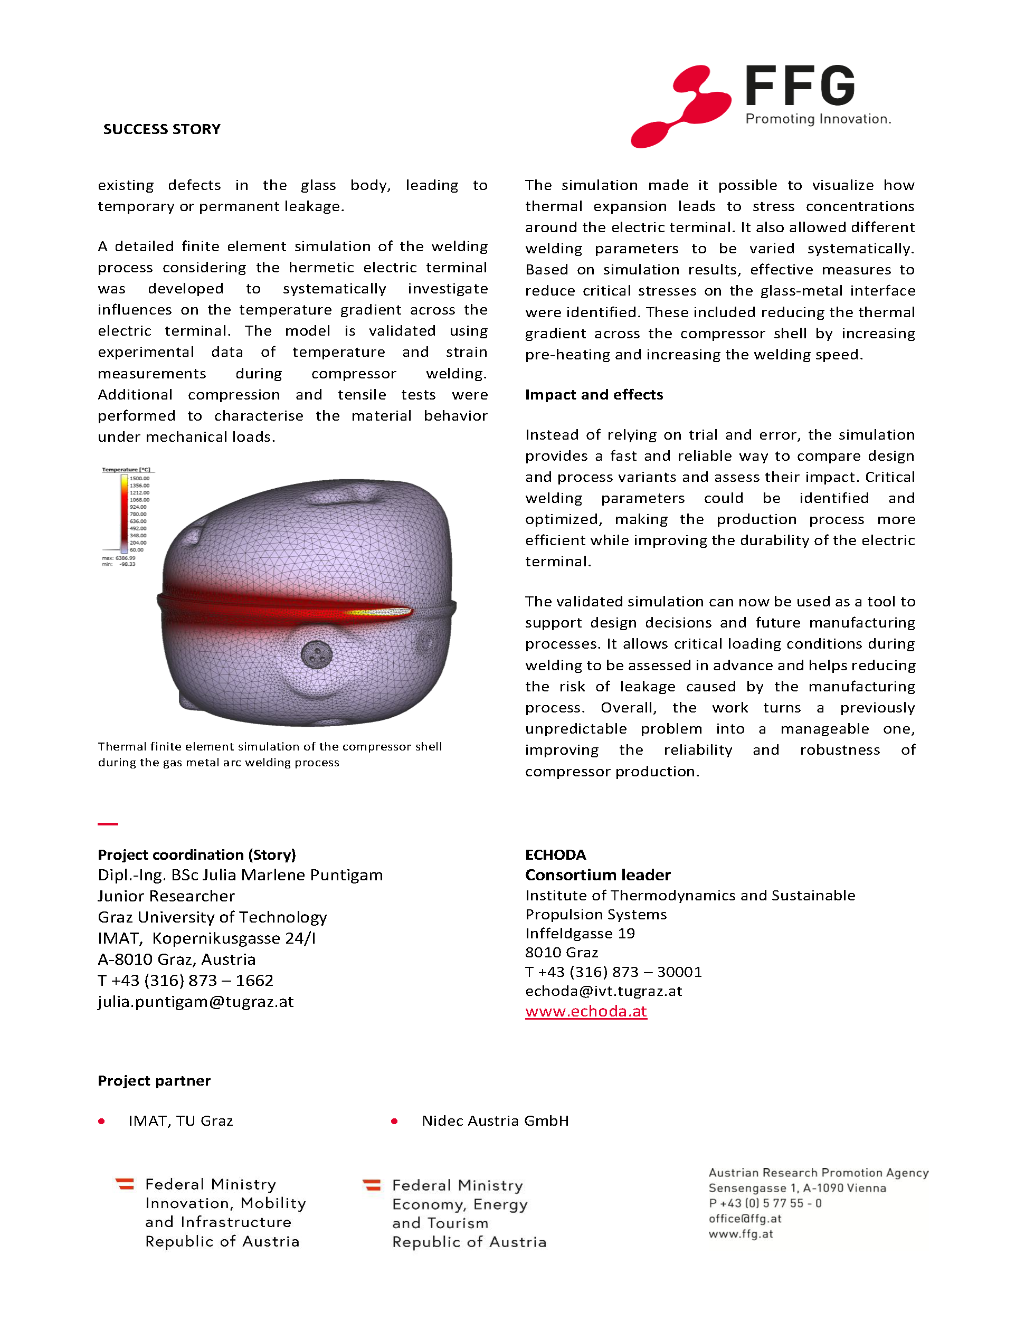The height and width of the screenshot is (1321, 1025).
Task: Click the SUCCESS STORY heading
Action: [x=162, y=129]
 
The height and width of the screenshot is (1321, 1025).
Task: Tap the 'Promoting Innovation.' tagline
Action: [x=818, y=119]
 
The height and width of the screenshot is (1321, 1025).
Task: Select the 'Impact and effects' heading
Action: [x=594, y=394]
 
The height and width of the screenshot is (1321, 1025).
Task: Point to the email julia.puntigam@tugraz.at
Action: [x=195, y=1002]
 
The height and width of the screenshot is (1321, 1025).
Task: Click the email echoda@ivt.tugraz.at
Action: [x=603, y=991]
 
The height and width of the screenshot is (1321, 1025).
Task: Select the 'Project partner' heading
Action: [x=154, y=1081]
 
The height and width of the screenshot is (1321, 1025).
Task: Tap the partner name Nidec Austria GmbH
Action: [x=495, y=1121]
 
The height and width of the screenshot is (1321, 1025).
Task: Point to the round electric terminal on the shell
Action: [x=317, y=654]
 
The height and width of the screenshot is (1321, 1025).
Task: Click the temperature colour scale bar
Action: [x=124, y=513]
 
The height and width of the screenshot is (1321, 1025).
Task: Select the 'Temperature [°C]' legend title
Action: [x=126, y=469]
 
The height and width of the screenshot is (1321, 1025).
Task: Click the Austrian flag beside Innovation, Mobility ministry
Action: [x=125, y=1184]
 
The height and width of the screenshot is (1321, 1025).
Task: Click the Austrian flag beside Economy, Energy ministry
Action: [x=372, y=1185]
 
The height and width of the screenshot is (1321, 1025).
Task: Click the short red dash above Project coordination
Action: [x=108, y=824]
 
